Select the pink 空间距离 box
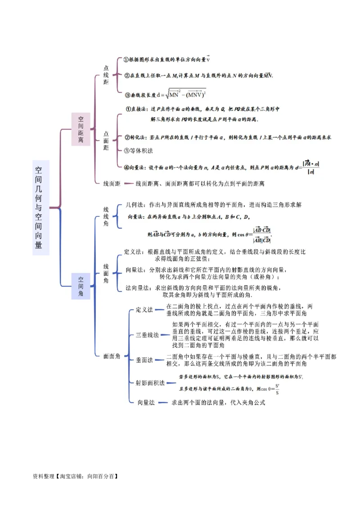[x=81, y=129]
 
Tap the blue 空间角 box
[x=81, y=286]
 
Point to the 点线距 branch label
[x=106, y=75]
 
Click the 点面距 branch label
[x=106, y=141]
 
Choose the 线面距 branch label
[x=112, y=183]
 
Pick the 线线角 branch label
[x=106, y=216]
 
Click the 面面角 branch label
[x=112, y=356]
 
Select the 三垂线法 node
[x=147, y=335]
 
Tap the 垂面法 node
[x=144, y=360]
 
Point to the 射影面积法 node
[x=150, y=383]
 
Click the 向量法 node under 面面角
[x=146, y=403]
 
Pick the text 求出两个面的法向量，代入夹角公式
[x=218, y=403]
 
